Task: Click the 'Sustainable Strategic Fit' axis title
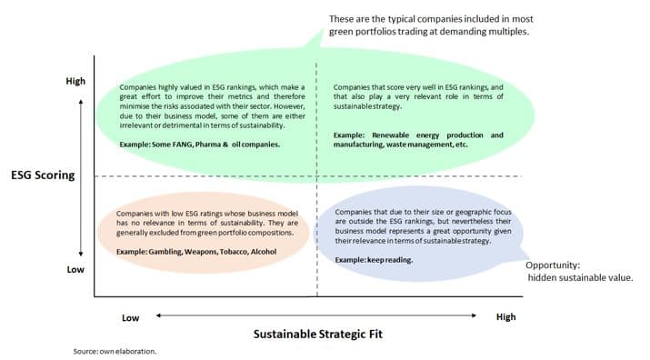click(x=317, y=334)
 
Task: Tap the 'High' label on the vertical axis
click(x=75, y=81)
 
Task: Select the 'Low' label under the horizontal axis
click(x=130, y=317)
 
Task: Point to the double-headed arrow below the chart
click(x=317, y=315)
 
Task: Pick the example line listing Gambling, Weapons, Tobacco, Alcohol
click(x=189, y=251)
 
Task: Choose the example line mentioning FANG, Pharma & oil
click(x=200, y=145)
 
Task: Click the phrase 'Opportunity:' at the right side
click(x=554, y=265)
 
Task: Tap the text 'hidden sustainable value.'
click(x=580, y=278)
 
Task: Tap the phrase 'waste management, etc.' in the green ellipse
click(x=428, y=145)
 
